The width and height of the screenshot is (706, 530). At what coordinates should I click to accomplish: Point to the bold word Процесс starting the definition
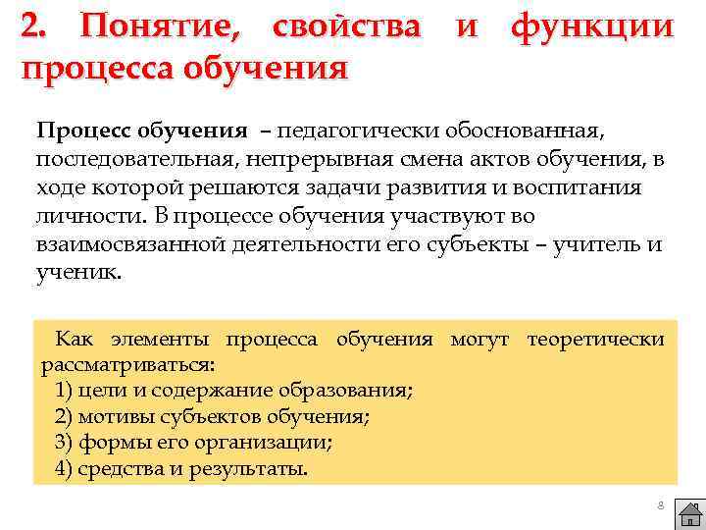(85, 131)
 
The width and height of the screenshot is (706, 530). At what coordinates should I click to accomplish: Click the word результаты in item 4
(252, 468)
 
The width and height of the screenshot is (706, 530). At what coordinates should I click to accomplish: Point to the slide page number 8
(660, 504)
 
